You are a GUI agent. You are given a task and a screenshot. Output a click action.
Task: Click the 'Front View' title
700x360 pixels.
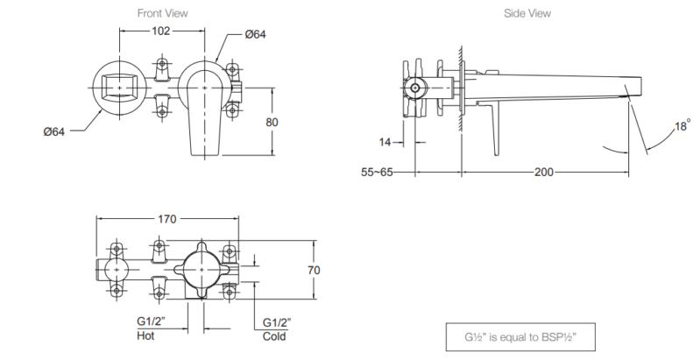pos(163,14)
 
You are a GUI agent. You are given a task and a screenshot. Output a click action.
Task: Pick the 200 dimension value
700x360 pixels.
pos(543,172)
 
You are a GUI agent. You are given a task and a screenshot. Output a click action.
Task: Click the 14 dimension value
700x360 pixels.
pos(386,140)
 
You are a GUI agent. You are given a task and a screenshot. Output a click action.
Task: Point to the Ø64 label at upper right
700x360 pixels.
pos(255,34)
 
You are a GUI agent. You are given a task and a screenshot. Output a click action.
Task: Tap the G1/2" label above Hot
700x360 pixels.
pos(152,322)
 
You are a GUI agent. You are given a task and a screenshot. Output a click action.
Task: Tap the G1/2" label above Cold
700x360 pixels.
pos(279,322)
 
